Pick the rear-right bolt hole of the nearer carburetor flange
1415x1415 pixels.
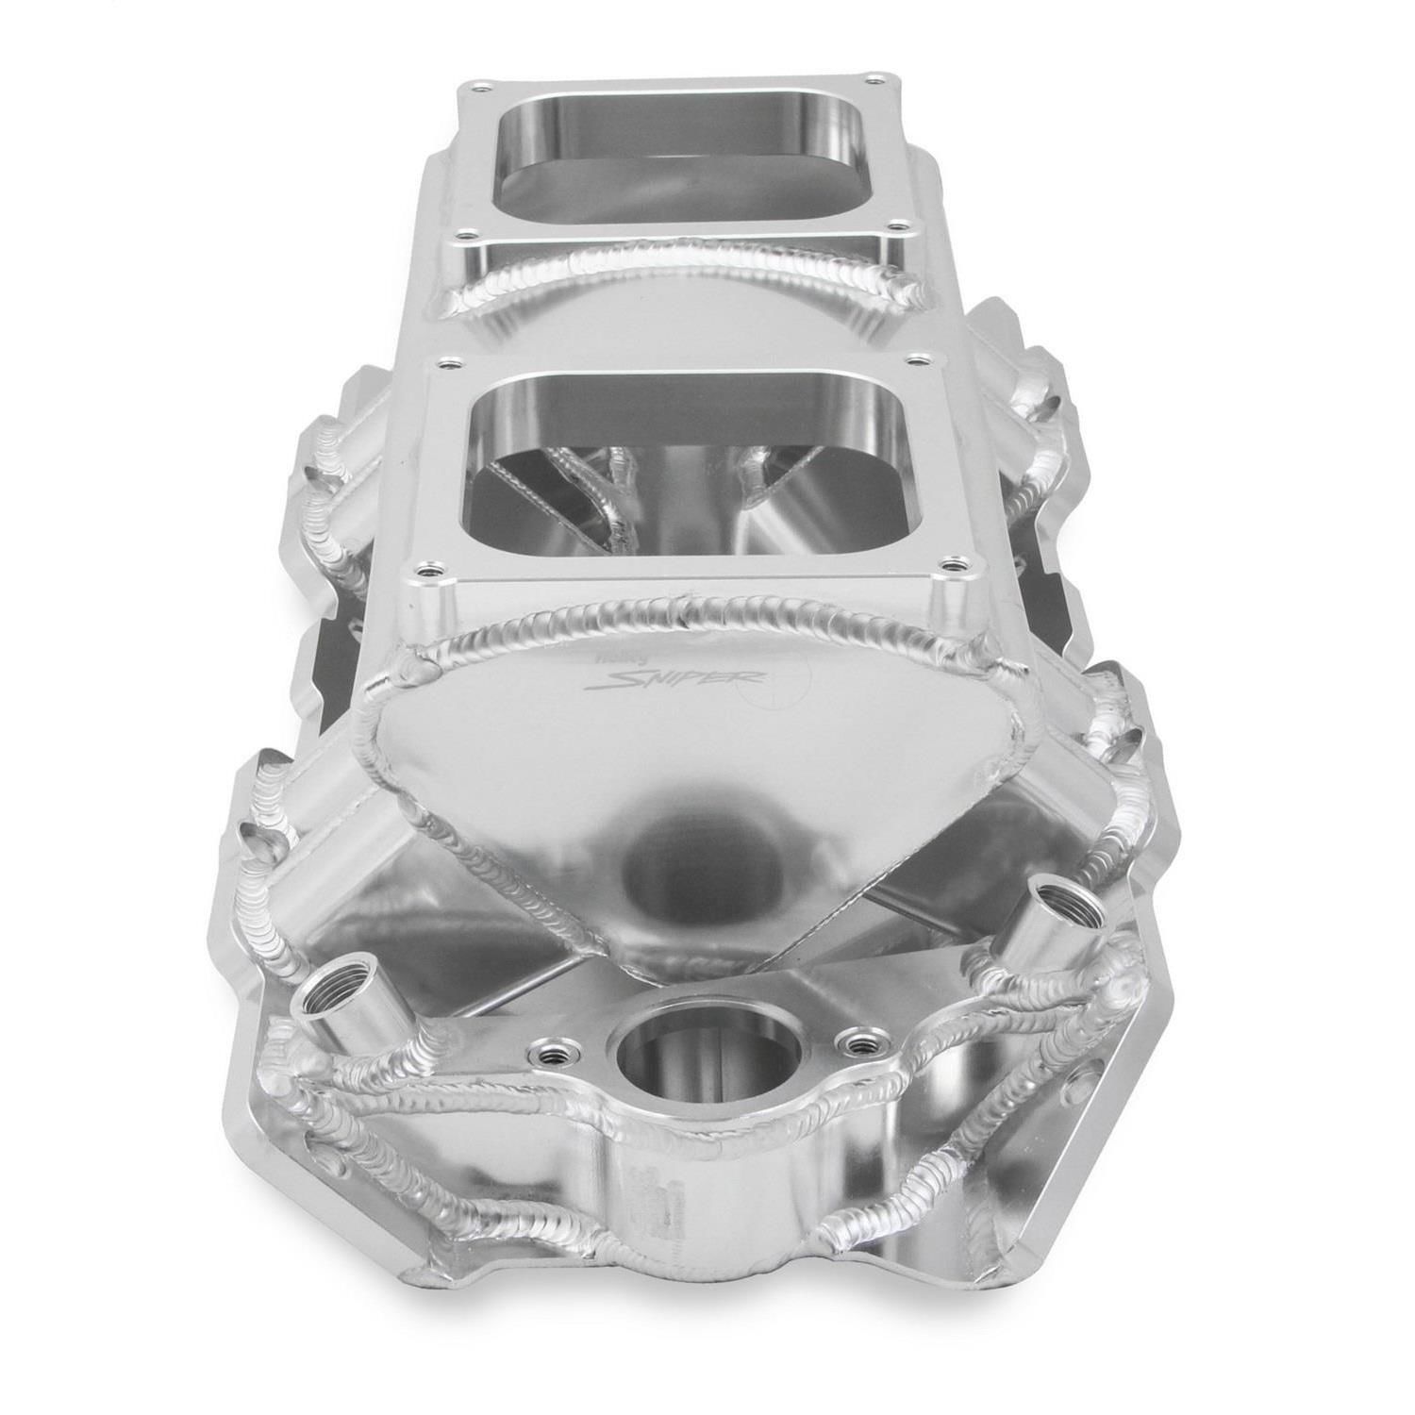click(x=917, y=359)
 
